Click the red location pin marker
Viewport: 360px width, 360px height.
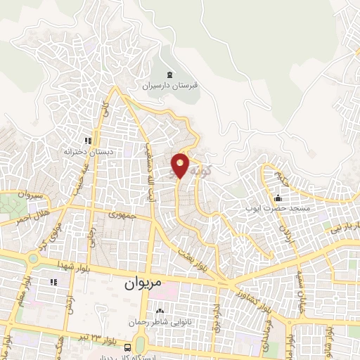click(x=181, y=165)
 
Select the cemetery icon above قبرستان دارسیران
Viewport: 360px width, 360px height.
click(x=169, y=75)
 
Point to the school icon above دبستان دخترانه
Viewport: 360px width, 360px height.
click(x=88, y=141)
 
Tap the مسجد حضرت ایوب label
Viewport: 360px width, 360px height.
click(x=278, y=208)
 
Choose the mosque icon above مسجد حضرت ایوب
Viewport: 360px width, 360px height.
click(x=278, y=197)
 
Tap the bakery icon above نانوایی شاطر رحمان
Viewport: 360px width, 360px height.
click(x=159, y=311)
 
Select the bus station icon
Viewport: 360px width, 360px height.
click(x=127, y=347)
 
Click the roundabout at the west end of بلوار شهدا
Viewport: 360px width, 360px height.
click(x=32, y=259)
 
